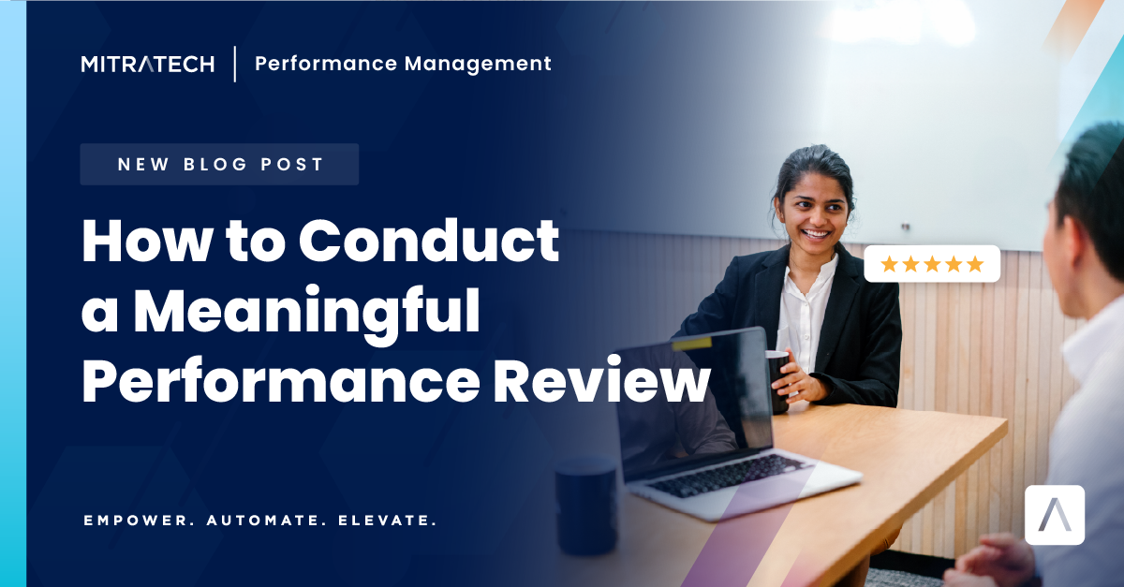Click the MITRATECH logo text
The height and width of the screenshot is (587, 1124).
point(147,64)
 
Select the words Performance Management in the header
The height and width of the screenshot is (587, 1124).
point(403,64)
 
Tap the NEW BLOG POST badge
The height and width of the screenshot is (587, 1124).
point(219,165)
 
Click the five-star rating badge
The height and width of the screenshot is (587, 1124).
point(932,264)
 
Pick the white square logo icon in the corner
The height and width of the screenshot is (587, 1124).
point(1055,515)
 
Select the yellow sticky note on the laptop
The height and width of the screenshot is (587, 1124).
point(691,344)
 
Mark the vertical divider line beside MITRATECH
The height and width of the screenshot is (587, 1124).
point(234,64)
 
